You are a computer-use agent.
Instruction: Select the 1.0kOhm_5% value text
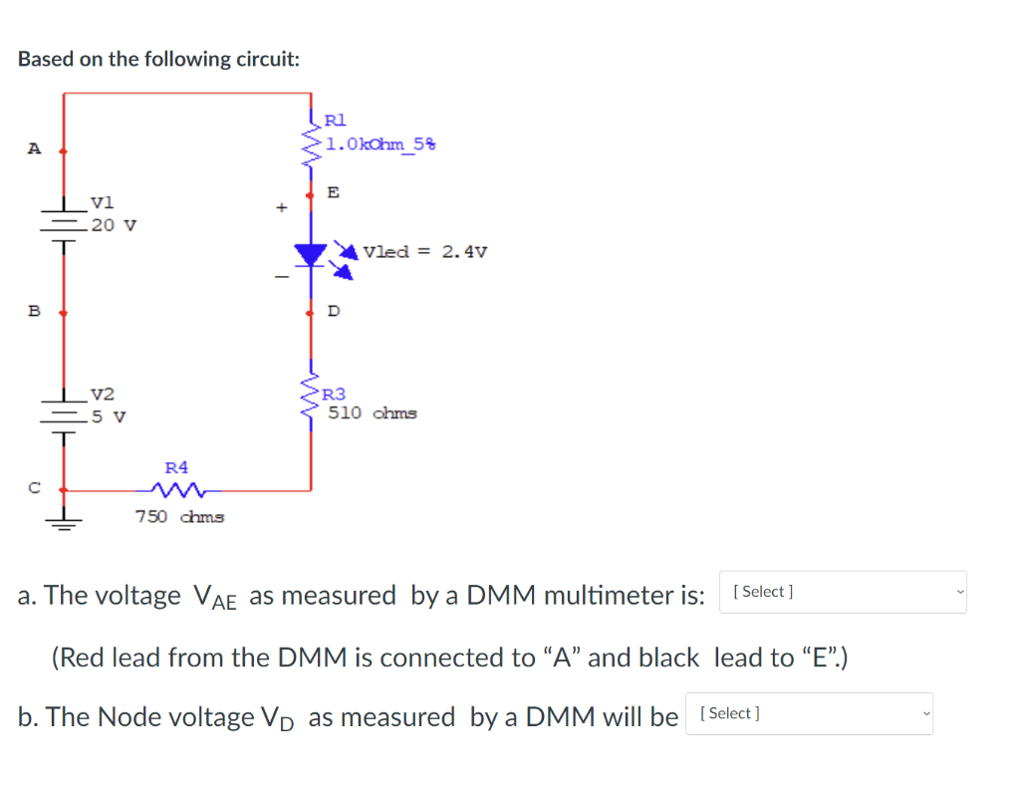coord(381,144)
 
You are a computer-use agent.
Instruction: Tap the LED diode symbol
coord(313,255)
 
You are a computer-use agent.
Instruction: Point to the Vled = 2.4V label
coord(425,251)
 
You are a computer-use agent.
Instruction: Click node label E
coord(333,190)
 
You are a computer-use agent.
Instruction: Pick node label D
coord(333,312)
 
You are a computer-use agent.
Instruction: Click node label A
coord(33,149)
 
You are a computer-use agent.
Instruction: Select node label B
coord(33,311)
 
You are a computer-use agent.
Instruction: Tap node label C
coord(33,488)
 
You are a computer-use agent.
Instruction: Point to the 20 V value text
coord(113,224)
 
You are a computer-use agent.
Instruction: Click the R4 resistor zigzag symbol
coord(177,489)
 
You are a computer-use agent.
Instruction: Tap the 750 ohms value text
coord(179,516)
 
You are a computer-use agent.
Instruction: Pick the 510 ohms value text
coord(373,412)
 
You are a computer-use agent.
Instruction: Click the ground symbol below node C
coord(64,520)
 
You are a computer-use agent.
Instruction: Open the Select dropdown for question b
coord(810,713)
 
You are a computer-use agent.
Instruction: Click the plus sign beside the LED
coord(281,208)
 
